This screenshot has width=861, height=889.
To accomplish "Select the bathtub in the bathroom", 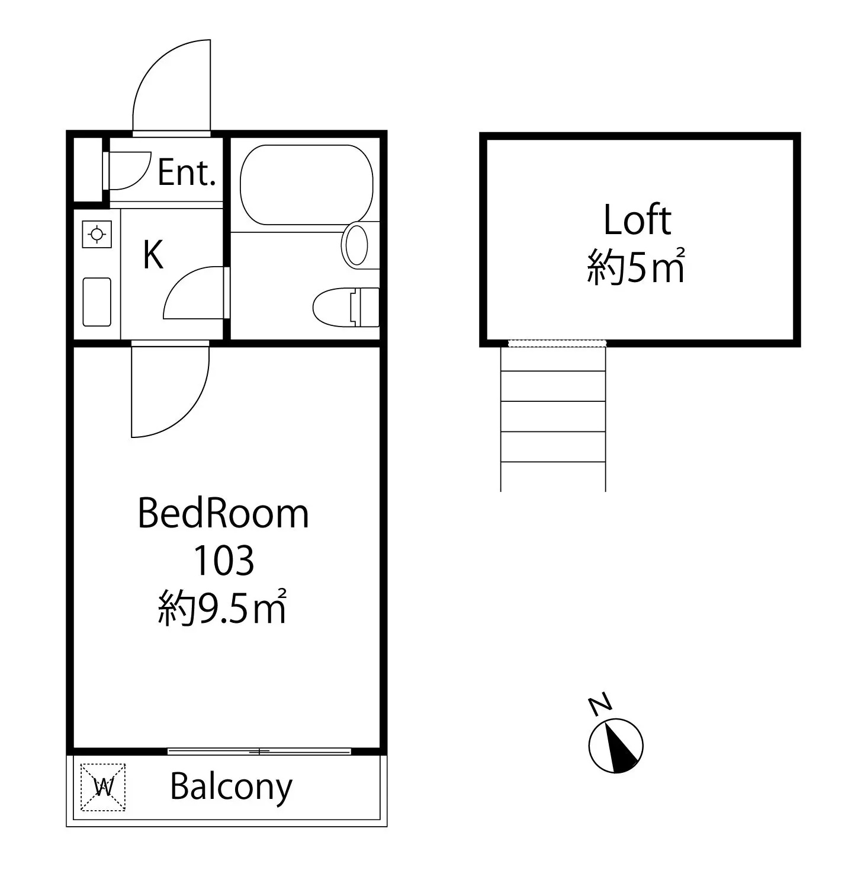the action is pyautogui.click(x=306, y=185).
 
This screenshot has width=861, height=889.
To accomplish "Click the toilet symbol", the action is pyautogui.click(x=346, y=307).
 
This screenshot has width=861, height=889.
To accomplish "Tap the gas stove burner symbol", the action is pyautogui.click(x=97, y=234).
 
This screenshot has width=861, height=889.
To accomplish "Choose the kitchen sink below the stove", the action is pyautogui.click(x=97, y=302).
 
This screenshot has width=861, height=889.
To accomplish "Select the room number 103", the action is pyautogui.click(x=224, y=560).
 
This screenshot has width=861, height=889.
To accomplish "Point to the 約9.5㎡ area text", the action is pyautogui.click(x=222, y=607).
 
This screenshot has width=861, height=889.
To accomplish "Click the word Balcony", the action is pyautogui.click(x=231, y=788).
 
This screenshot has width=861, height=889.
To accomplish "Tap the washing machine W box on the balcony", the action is pyautogui.click(x=103, y=787).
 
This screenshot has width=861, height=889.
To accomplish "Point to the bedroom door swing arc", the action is pyautogui.click(x=191, y=409).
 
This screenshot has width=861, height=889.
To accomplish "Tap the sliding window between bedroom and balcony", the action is pyautogui.click(x=259, y=752).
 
